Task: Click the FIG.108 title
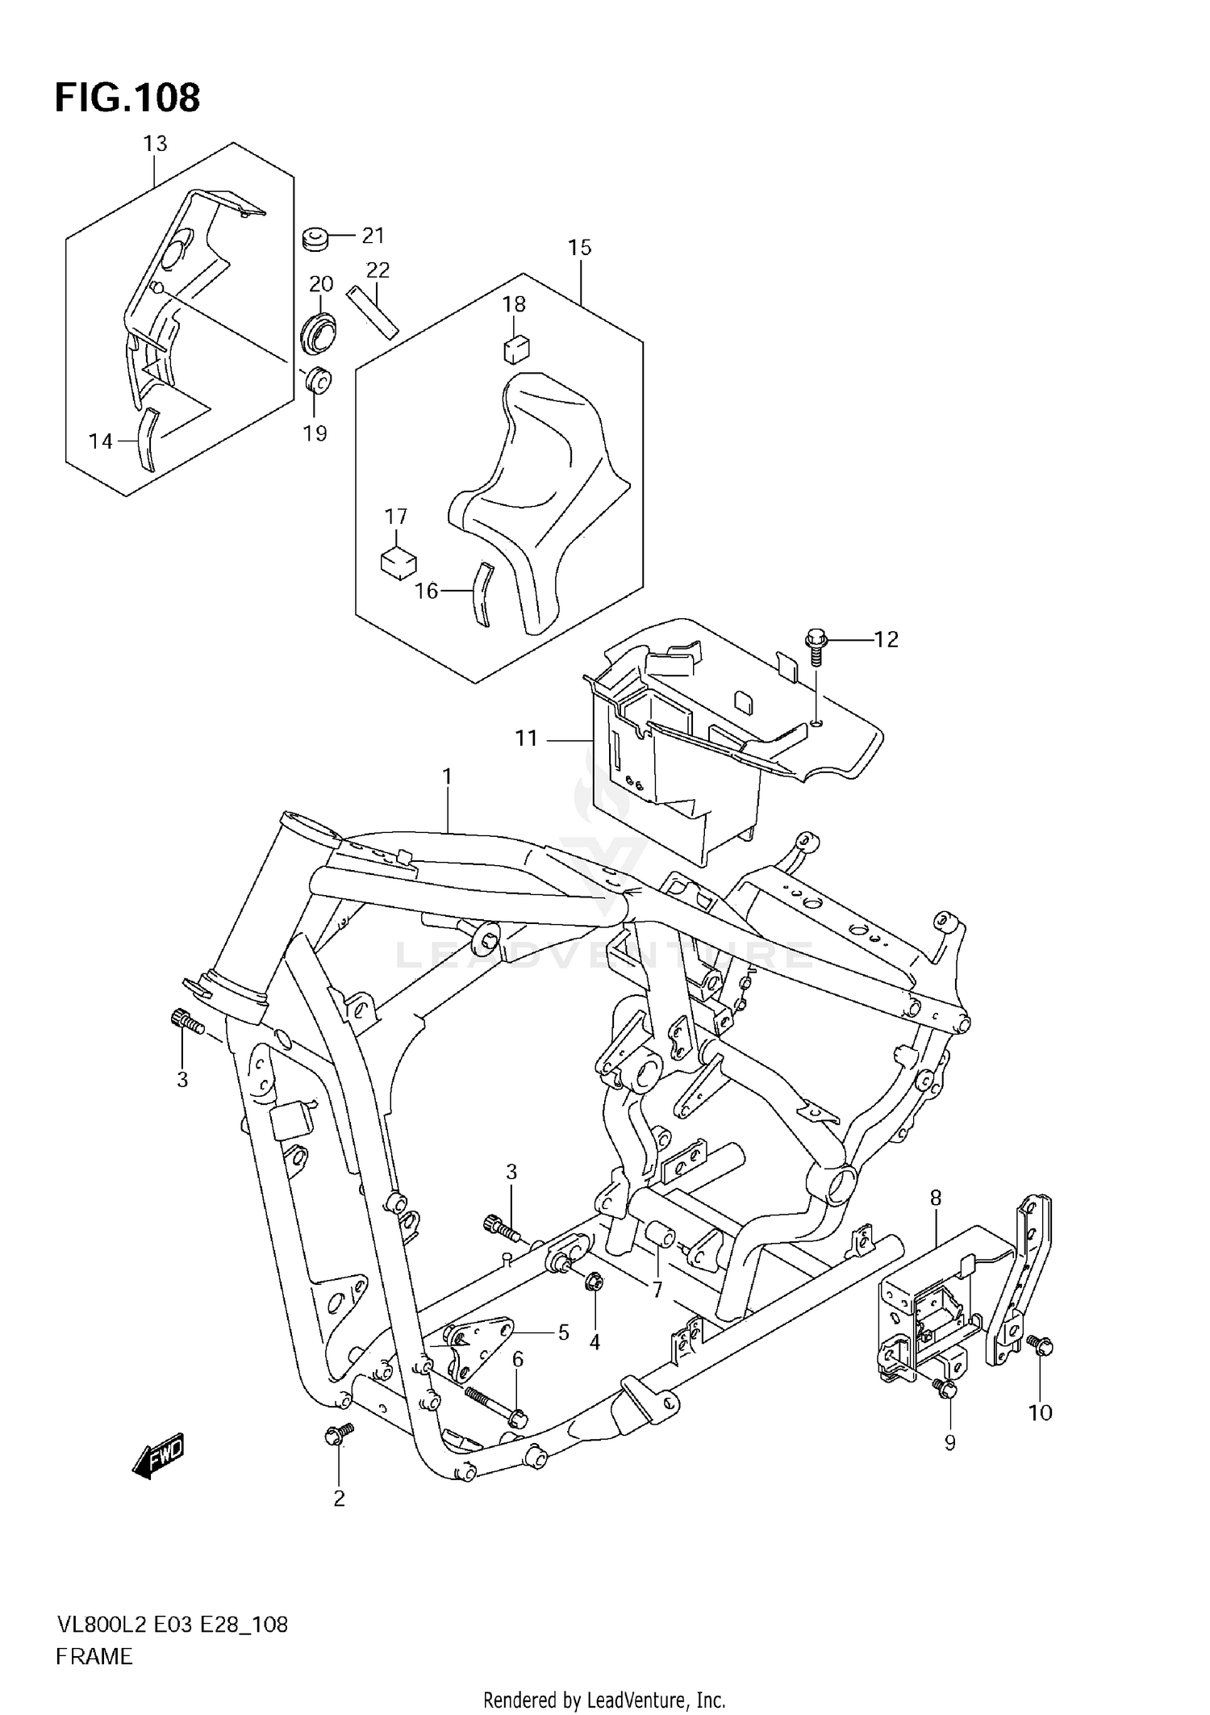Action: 127,98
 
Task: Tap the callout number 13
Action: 155,144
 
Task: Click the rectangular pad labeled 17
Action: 397,562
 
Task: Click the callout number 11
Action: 526,738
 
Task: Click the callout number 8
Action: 935,1198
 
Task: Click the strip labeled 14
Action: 148,440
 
